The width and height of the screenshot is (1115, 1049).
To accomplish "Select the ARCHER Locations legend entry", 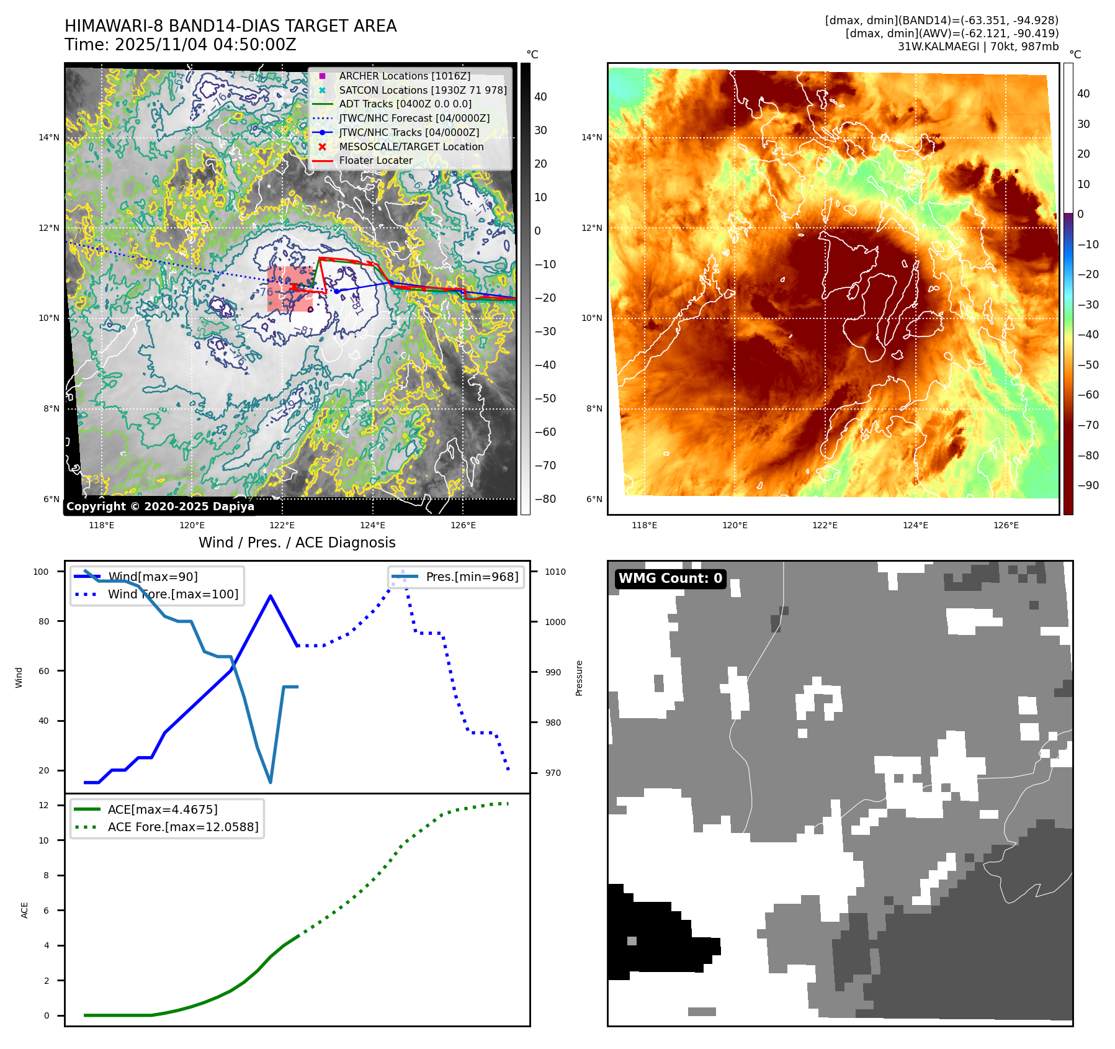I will click(x=405, y=76).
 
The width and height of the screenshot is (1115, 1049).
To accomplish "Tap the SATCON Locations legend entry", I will click(x=423, y=90).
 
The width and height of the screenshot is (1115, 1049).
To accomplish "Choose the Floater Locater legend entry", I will click(x=375, y=160).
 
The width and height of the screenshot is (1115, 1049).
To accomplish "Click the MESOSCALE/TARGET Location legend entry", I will click(x=411, y=146).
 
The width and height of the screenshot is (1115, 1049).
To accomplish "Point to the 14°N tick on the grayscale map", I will click(x=49, y=137).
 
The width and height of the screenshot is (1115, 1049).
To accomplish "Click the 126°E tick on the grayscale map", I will click(x=463, y=525).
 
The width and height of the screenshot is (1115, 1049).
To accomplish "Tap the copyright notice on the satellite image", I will click(x=160, y=506).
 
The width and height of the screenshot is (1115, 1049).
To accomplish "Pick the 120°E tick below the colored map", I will click(x=735, y=525).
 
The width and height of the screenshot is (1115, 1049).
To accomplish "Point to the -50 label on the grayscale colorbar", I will click(x=545, y=398).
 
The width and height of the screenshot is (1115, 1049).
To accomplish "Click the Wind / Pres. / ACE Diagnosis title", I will click(x=297, y=543).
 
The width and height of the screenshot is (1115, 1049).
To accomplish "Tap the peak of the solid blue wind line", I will click(x=271, y=596).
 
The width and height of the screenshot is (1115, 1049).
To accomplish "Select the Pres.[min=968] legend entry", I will click(x=472, y=577).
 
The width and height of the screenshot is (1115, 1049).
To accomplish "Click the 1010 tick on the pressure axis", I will click(x=555, y=572).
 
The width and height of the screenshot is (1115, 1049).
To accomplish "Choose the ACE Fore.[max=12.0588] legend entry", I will click(x=183, y=827).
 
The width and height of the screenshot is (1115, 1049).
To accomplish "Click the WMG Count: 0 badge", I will click(x=670, y=579).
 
